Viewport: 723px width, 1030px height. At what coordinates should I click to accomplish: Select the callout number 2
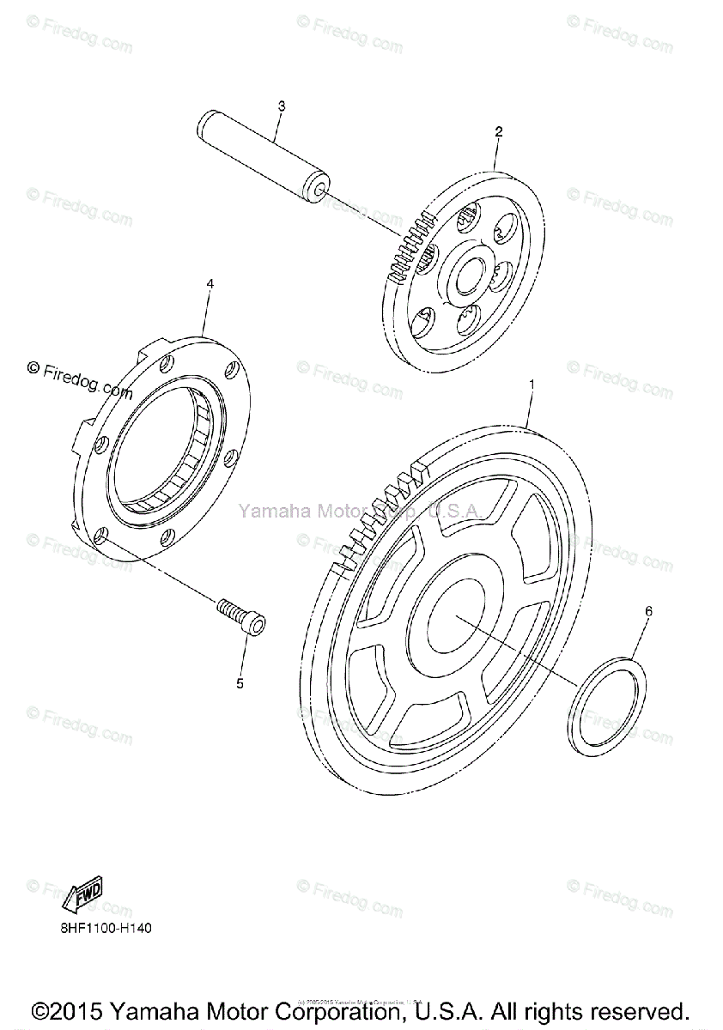click(x=498, y=131)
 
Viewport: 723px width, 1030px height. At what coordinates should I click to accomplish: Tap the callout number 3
click(x=281, y=106)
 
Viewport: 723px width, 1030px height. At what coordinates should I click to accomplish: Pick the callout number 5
click(x=240, y=683)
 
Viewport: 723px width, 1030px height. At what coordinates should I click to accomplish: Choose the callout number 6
click(x=648, y=611)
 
